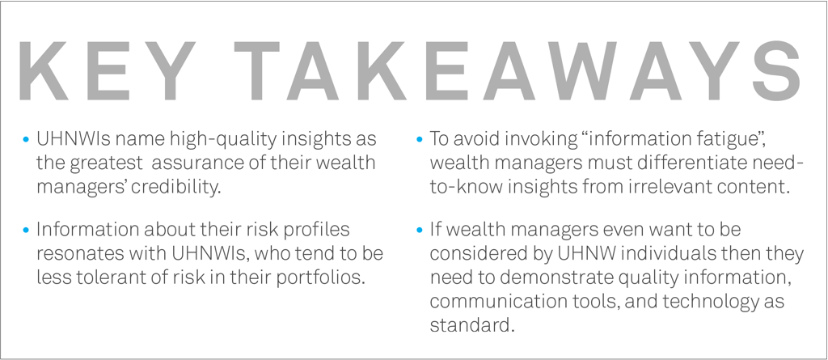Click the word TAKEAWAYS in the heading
tap(518, 71)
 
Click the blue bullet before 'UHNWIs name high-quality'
tap(26, 140)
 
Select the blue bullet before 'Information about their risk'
tap(26, 230)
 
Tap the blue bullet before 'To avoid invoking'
tap(420, 140)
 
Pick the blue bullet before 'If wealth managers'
tap(420, 230)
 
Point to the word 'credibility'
tap(175, 187)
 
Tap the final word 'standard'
tap(471, 324)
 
